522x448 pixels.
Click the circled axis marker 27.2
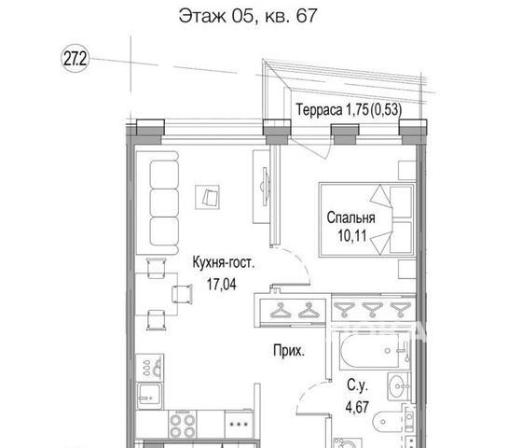coord(76,60)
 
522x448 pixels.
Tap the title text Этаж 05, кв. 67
coord(248,16)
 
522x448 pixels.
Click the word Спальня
coord(350,217)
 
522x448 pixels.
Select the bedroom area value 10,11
coord(352,235)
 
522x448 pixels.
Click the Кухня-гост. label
coord(223,262)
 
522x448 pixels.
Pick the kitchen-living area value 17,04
coord(222,285)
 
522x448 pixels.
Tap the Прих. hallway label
coord(289,351)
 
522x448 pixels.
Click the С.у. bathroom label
coord(357,385)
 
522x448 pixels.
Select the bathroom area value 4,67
coord(357,407)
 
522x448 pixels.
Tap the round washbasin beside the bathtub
coord(398,386)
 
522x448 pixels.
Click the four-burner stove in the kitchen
coord(182,426)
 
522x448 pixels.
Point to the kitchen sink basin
coord(149,397)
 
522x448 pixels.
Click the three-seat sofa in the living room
coord(158,203)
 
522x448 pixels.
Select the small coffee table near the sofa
coord(207,197)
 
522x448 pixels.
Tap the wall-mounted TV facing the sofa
coord(265,187)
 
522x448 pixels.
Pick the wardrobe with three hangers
coord(373,309)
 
